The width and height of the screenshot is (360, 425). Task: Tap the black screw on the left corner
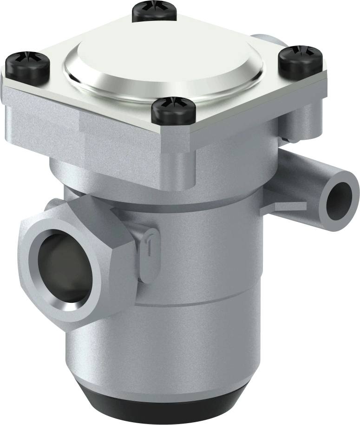click(27, 66)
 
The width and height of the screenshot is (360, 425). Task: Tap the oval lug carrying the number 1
click(148, 253)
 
